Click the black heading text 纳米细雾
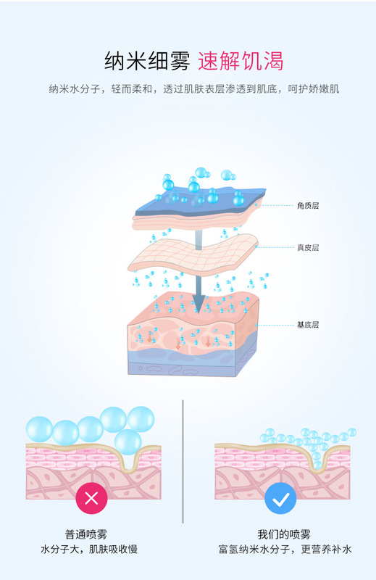point(147,61)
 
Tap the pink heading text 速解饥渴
point(241,61)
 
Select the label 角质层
point(308,206)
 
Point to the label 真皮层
point(308,247)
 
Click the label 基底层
point(308,325)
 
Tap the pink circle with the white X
point(92,498)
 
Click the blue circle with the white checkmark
point(280,498)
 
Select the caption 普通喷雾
point(86,534)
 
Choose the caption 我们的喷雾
point(284,534)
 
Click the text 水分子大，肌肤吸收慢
point(89,550)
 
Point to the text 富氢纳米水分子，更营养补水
point(285,550)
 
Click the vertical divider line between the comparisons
point(183,462)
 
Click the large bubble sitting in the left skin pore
point(128,442)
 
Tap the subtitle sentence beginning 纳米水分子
point(194,88)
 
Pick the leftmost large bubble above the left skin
point(39,429)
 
